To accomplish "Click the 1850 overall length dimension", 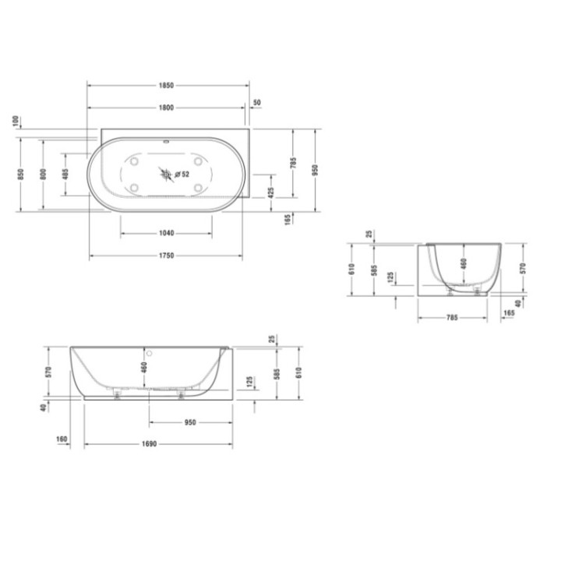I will coord(166,85).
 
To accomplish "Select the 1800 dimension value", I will coord(166,108).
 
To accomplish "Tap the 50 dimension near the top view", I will coord(258,103).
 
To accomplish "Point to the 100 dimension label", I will coord(16,122).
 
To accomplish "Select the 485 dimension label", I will coord(66,173).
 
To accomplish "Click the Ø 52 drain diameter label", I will coord(182,175).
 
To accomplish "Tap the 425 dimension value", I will coord(270,192).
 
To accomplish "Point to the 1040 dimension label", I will coord(166,233).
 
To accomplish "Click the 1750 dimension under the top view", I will coord(166,256).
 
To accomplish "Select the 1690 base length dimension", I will coord(151,444).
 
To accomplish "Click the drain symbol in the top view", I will coord(166,174).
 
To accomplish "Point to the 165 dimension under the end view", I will coord(509,313).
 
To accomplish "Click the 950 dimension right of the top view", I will coord(316,169).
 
